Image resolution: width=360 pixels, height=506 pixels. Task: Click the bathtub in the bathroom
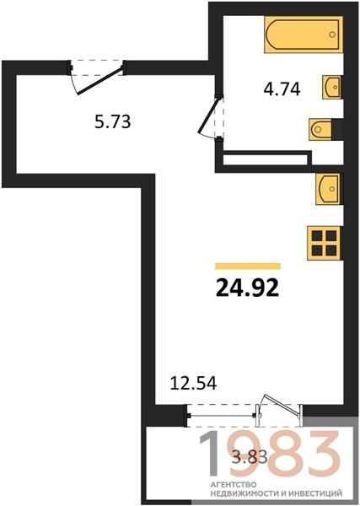[304, 35]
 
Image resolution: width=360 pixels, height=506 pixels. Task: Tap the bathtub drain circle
[332, 35]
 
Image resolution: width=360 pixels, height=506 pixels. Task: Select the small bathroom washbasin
[332, 87]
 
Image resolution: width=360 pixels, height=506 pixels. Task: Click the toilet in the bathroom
[320, 129]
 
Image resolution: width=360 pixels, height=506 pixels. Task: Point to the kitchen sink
[329, 189]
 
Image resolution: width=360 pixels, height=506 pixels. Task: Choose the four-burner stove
[325, 243]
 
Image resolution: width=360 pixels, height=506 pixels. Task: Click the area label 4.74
[282, 89]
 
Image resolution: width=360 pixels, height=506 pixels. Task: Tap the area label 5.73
[113, 121]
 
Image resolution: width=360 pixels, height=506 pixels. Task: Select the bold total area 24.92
[247, 288]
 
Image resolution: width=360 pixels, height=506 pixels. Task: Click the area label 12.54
[193, 383]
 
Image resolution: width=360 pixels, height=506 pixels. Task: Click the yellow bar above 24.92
[248, 266]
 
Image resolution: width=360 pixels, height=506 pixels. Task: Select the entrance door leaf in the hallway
[99, 81]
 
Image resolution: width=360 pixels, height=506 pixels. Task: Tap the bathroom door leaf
[209, 115]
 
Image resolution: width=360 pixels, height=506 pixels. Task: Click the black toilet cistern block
[337, 129]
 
